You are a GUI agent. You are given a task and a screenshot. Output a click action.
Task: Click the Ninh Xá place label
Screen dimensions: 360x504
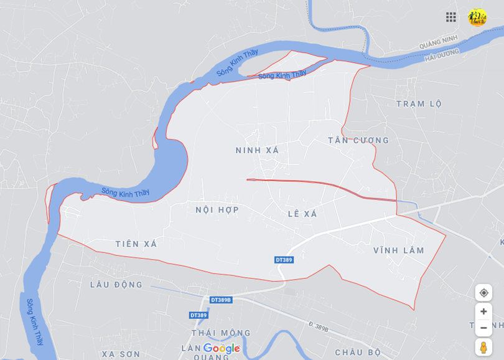[x=257, y=150]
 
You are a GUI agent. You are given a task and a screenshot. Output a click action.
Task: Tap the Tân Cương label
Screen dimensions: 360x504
[x=358, y=140]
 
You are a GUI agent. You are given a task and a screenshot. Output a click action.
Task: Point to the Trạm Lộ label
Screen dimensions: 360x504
[x=419, y=103]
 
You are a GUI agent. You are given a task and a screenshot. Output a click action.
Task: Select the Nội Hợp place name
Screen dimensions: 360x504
[x=217, y=210]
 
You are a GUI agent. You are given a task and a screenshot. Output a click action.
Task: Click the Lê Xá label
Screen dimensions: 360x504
[x=302, y=214]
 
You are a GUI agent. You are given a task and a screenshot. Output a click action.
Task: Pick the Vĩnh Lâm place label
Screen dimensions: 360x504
[x=398, y=250]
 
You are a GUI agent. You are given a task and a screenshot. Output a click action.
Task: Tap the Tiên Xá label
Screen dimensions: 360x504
[x=136, y=244]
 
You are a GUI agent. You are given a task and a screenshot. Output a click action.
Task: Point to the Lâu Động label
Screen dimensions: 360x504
[x=116, y=285]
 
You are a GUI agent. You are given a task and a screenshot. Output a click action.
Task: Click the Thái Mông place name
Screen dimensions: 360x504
[x=221, y=333]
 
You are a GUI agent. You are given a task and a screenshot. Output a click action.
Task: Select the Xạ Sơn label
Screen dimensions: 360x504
[x=121, y=354]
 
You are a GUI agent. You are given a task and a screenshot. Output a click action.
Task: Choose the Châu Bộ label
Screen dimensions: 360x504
[x=357, y=352]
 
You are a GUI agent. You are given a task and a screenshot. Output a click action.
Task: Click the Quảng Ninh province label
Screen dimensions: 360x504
[x=438, y=42]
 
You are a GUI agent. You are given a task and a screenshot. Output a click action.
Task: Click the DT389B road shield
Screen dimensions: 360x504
[x=221, y=300]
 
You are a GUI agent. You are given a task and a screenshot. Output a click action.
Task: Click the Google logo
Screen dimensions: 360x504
[x=222, y=348]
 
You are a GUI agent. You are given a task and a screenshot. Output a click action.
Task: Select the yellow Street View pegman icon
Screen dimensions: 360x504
[x=483, y=347]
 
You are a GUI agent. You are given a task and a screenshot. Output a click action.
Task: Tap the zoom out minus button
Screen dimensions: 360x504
[x=483, y=328]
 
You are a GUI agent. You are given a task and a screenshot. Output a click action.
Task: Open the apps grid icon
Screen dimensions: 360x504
[x=451, y=17]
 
